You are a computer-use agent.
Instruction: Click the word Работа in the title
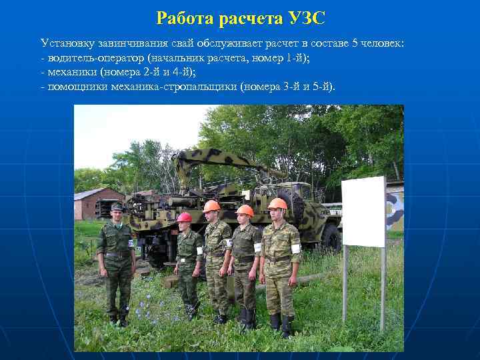pos(183,19)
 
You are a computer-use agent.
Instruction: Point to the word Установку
pos(65,43)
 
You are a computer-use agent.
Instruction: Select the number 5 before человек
pos(355,43)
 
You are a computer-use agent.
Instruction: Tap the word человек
pos(382,43)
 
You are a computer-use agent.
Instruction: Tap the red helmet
pos(185,217)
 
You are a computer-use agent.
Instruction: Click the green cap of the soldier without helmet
pos(116,207)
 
